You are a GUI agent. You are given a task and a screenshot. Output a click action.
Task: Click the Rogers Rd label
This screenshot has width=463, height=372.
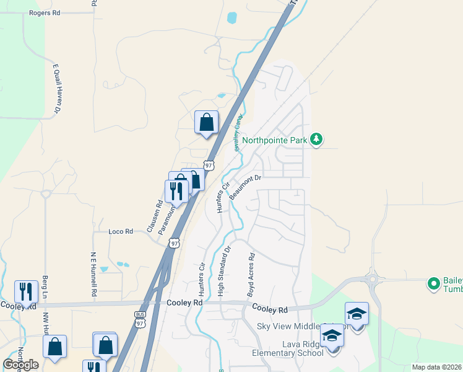(45, 12)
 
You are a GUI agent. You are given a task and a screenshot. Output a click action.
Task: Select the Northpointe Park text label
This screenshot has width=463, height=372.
(274, 140)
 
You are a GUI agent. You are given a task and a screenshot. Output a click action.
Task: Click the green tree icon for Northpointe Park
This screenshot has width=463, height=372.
(316, 138)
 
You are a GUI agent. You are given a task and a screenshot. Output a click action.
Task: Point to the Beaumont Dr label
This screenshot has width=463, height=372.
(246, 187)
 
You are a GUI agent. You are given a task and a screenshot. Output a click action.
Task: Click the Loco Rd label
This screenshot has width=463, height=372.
(121, 231)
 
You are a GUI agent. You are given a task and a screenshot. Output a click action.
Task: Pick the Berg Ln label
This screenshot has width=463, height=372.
(45, 286)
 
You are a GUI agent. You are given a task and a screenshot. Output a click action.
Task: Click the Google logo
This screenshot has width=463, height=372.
(20, 365)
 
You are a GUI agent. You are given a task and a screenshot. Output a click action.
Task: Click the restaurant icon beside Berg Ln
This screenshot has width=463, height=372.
(26, 291)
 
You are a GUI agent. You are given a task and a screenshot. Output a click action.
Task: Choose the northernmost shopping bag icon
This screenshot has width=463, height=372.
(206, 122)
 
